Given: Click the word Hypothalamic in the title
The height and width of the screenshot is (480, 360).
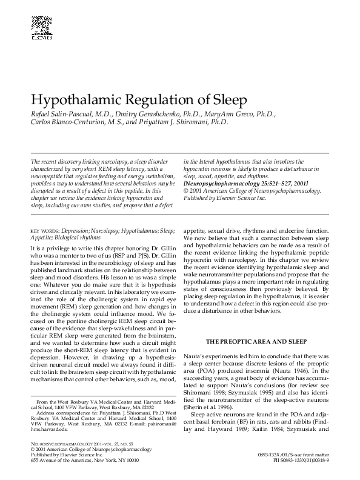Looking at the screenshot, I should [73, 99].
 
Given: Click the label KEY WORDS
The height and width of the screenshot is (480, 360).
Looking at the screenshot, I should [42, 231].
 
